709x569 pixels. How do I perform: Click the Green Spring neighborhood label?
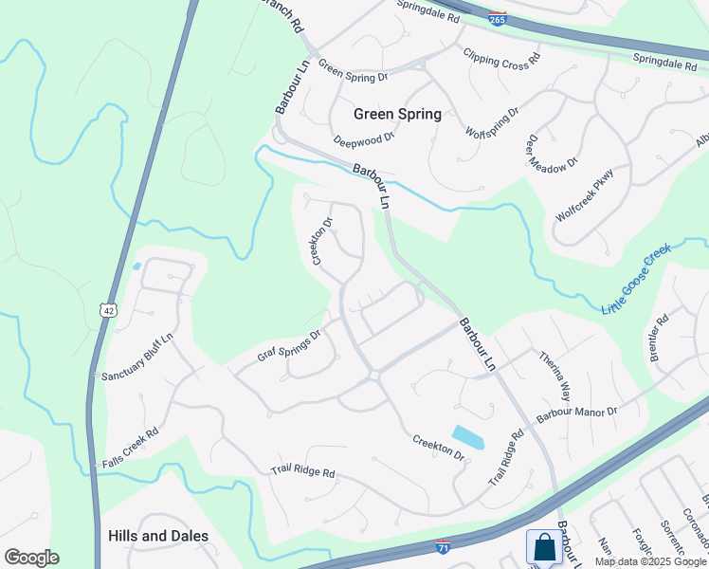click(x=397, y=114)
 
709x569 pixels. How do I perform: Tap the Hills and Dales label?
click(x=157, y=536)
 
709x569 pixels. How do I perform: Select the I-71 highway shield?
click(x=444, y=547)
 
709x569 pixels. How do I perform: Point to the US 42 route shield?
click(x=110, y=309)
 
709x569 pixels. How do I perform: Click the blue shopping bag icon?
click(x=544, y=547)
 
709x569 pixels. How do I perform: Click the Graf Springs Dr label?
click(x=290, y=345)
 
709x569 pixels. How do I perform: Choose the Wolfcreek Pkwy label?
click(x=585, y=194)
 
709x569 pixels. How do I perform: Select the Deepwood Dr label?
click(x=363, y=139)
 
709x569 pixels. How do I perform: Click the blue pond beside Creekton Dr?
click(x=468, y=436)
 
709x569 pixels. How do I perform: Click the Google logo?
click(x=31, y=558)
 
